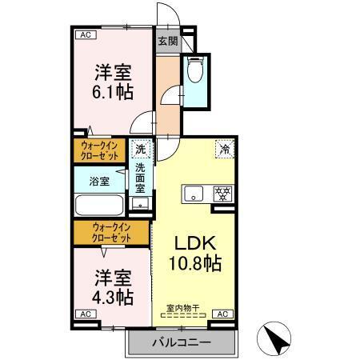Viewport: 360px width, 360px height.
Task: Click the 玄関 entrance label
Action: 166,41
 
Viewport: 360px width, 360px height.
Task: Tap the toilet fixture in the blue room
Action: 194,73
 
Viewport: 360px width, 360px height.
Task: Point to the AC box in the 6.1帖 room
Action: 84,34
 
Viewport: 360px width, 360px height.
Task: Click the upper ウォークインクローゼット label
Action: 100,150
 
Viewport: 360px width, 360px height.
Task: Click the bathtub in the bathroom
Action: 100,205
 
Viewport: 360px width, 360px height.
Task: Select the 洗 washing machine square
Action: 141,149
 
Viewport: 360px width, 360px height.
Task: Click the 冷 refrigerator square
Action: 226,148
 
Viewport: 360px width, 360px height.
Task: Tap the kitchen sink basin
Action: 195,194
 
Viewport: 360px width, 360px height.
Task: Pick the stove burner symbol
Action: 222,194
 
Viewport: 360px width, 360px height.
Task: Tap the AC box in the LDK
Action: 222,314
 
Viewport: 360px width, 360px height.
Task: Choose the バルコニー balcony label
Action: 182,342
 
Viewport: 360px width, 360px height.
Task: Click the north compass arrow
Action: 276,339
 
